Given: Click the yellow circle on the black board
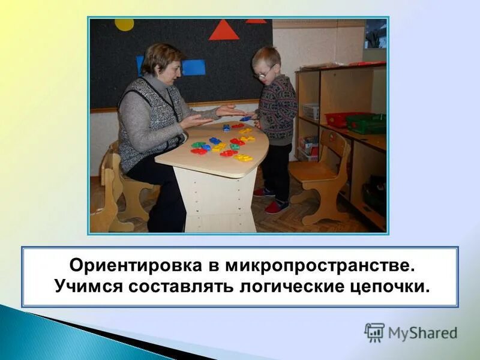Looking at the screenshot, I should point(124,24).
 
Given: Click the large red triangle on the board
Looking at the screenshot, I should point(224,31).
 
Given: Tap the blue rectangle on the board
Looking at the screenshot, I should point(193,67).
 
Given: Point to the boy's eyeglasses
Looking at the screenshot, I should point(264,72).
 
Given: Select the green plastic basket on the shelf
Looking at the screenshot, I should point(366,124).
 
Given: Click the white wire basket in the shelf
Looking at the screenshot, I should point(311,111).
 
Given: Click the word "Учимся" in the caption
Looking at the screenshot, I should point(87,286).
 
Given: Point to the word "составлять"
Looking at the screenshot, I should point(181,286).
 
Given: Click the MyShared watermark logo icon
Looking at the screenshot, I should point(374,332).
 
